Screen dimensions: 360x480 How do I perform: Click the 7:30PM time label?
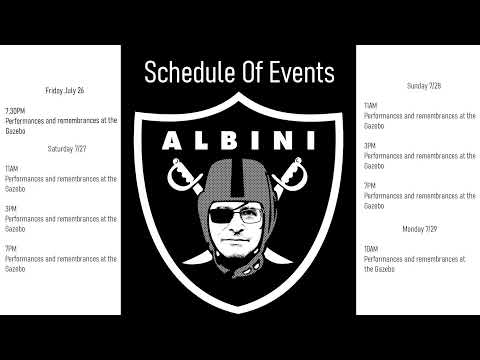tap(15, 110)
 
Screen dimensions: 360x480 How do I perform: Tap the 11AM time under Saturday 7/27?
tap(11, 168)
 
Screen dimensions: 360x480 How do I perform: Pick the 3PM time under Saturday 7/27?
tap(11, 208)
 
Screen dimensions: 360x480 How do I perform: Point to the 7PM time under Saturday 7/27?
tap(11, 248)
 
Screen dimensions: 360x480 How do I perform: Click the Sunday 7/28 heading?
tap(424, 86)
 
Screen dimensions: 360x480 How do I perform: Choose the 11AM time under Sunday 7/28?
tap(370, 106)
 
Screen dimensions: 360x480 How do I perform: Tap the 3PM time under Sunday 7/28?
tap(369, 146)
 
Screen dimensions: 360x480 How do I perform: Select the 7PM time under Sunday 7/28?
tap(369, 186)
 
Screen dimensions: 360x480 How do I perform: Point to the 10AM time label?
tap(371, 249)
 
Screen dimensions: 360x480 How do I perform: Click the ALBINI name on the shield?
tap(240, 136)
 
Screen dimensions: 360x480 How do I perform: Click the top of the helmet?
tap(240, 168)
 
